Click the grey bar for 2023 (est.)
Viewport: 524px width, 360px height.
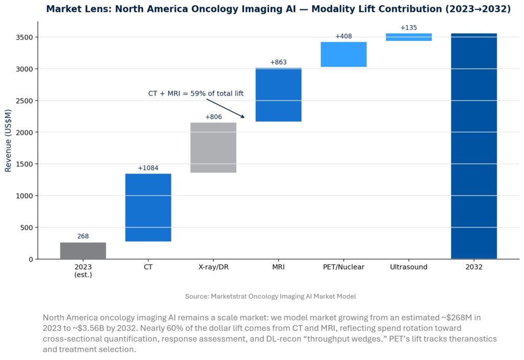[x=83, y=250]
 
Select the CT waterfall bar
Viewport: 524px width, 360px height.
[x=148, y=207]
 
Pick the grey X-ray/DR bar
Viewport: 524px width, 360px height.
[x=213, y=147]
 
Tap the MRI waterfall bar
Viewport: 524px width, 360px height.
[x=278, y=95]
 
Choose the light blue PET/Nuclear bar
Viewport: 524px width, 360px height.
[x=343, y=54]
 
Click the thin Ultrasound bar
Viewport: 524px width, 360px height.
[x=409, y=37]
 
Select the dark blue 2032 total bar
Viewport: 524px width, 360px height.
[x=474, y=146]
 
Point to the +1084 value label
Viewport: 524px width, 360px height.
[x=148, y=168]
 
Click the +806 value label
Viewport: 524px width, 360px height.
[x=213, y=117]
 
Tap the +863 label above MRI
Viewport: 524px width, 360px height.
[x=278, y=62]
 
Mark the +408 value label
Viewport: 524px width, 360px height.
[x=343, y=36]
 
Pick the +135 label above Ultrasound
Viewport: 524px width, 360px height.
[x=409, y=28]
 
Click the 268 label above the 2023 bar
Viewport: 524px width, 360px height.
[x=83, y=237]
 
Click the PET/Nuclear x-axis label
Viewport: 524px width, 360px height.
[x=343, y=267]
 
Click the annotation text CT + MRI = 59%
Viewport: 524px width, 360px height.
[x=195, y=94]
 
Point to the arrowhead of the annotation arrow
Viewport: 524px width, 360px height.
[x=244, y=118]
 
